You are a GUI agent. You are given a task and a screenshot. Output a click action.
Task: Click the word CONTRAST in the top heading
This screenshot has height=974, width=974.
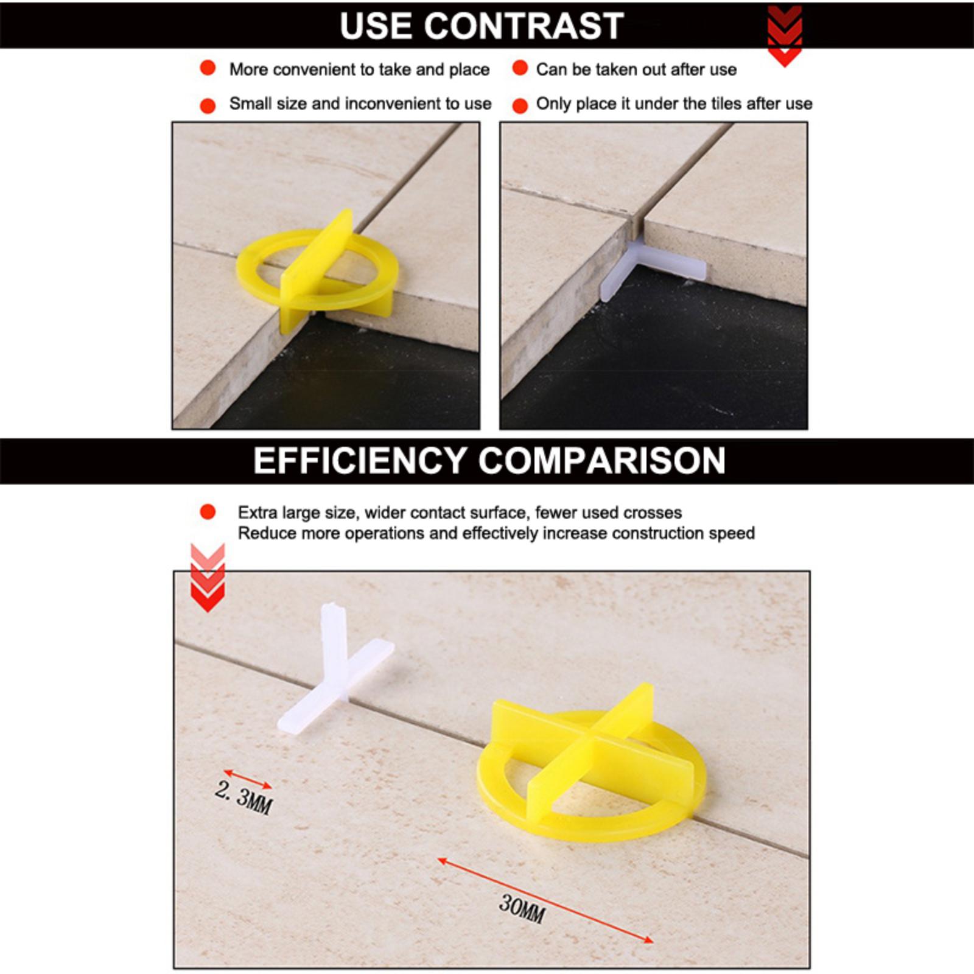524,26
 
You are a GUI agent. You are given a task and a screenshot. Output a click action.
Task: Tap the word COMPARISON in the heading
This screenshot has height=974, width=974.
602,460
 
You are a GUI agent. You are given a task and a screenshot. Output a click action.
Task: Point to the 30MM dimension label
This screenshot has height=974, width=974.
522,908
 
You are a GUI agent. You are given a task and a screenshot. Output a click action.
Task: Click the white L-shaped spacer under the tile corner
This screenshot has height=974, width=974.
651,268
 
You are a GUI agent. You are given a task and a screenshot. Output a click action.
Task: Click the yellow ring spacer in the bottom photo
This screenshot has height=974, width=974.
590,761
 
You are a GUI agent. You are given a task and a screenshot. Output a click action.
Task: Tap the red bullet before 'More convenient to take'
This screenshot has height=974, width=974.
208,68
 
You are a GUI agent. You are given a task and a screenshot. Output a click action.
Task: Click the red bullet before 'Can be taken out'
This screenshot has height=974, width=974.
520,68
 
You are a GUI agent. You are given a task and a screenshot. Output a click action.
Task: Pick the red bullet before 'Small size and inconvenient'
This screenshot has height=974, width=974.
208,106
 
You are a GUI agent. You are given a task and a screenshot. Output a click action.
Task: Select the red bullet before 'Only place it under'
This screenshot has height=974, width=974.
520,106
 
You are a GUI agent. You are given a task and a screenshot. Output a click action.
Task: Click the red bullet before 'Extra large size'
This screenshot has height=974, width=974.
208,512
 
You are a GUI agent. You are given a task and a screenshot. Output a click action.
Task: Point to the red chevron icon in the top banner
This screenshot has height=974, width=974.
785,35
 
